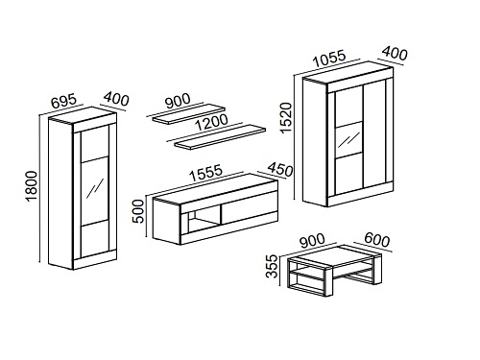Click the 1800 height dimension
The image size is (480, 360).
(32, 186)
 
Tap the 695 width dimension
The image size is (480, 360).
(64, 101)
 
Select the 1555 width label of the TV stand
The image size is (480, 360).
(205, 173)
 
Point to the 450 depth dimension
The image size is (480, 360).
(280, 169)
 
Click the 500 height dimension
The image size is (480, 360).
(139, 211)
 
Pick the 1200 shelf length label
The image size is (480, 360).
(212, 122)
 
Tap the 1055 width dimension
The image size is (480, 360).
(329, 58)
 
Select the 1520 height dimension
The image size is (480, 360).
(286, 117)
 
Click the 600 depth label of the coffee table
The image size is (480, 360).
(377, 240)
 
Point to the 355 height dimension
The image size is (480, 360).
(273, 266)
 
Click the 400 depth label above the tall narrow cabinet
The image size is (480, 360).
(116, 99)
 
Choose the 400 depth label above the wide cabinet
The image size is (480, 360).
(396, 53)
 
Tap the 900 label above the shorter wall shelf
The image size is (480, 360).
(178, 101)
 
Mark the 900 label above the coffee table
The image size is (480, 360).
(312, 241)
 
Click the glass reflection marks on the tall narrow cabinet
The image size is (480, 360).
(95, 188)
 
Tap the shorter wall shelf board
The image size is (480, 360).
(189, 113)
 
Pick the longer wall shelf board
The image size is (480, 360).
(220, 137)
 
